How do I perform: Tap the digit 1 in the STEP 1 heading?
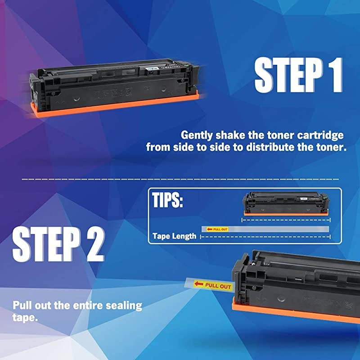click(334, 75)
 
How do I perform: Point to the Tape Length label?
click(174, 236)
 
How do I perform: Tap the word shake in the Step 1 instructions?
click(229, 135)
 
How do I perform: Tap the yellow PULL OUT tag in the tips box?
click(217, 229)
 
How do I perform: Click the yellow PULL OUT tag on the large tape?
click(216, 285)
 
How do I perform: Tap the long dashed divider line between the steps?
click(180, 179)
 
